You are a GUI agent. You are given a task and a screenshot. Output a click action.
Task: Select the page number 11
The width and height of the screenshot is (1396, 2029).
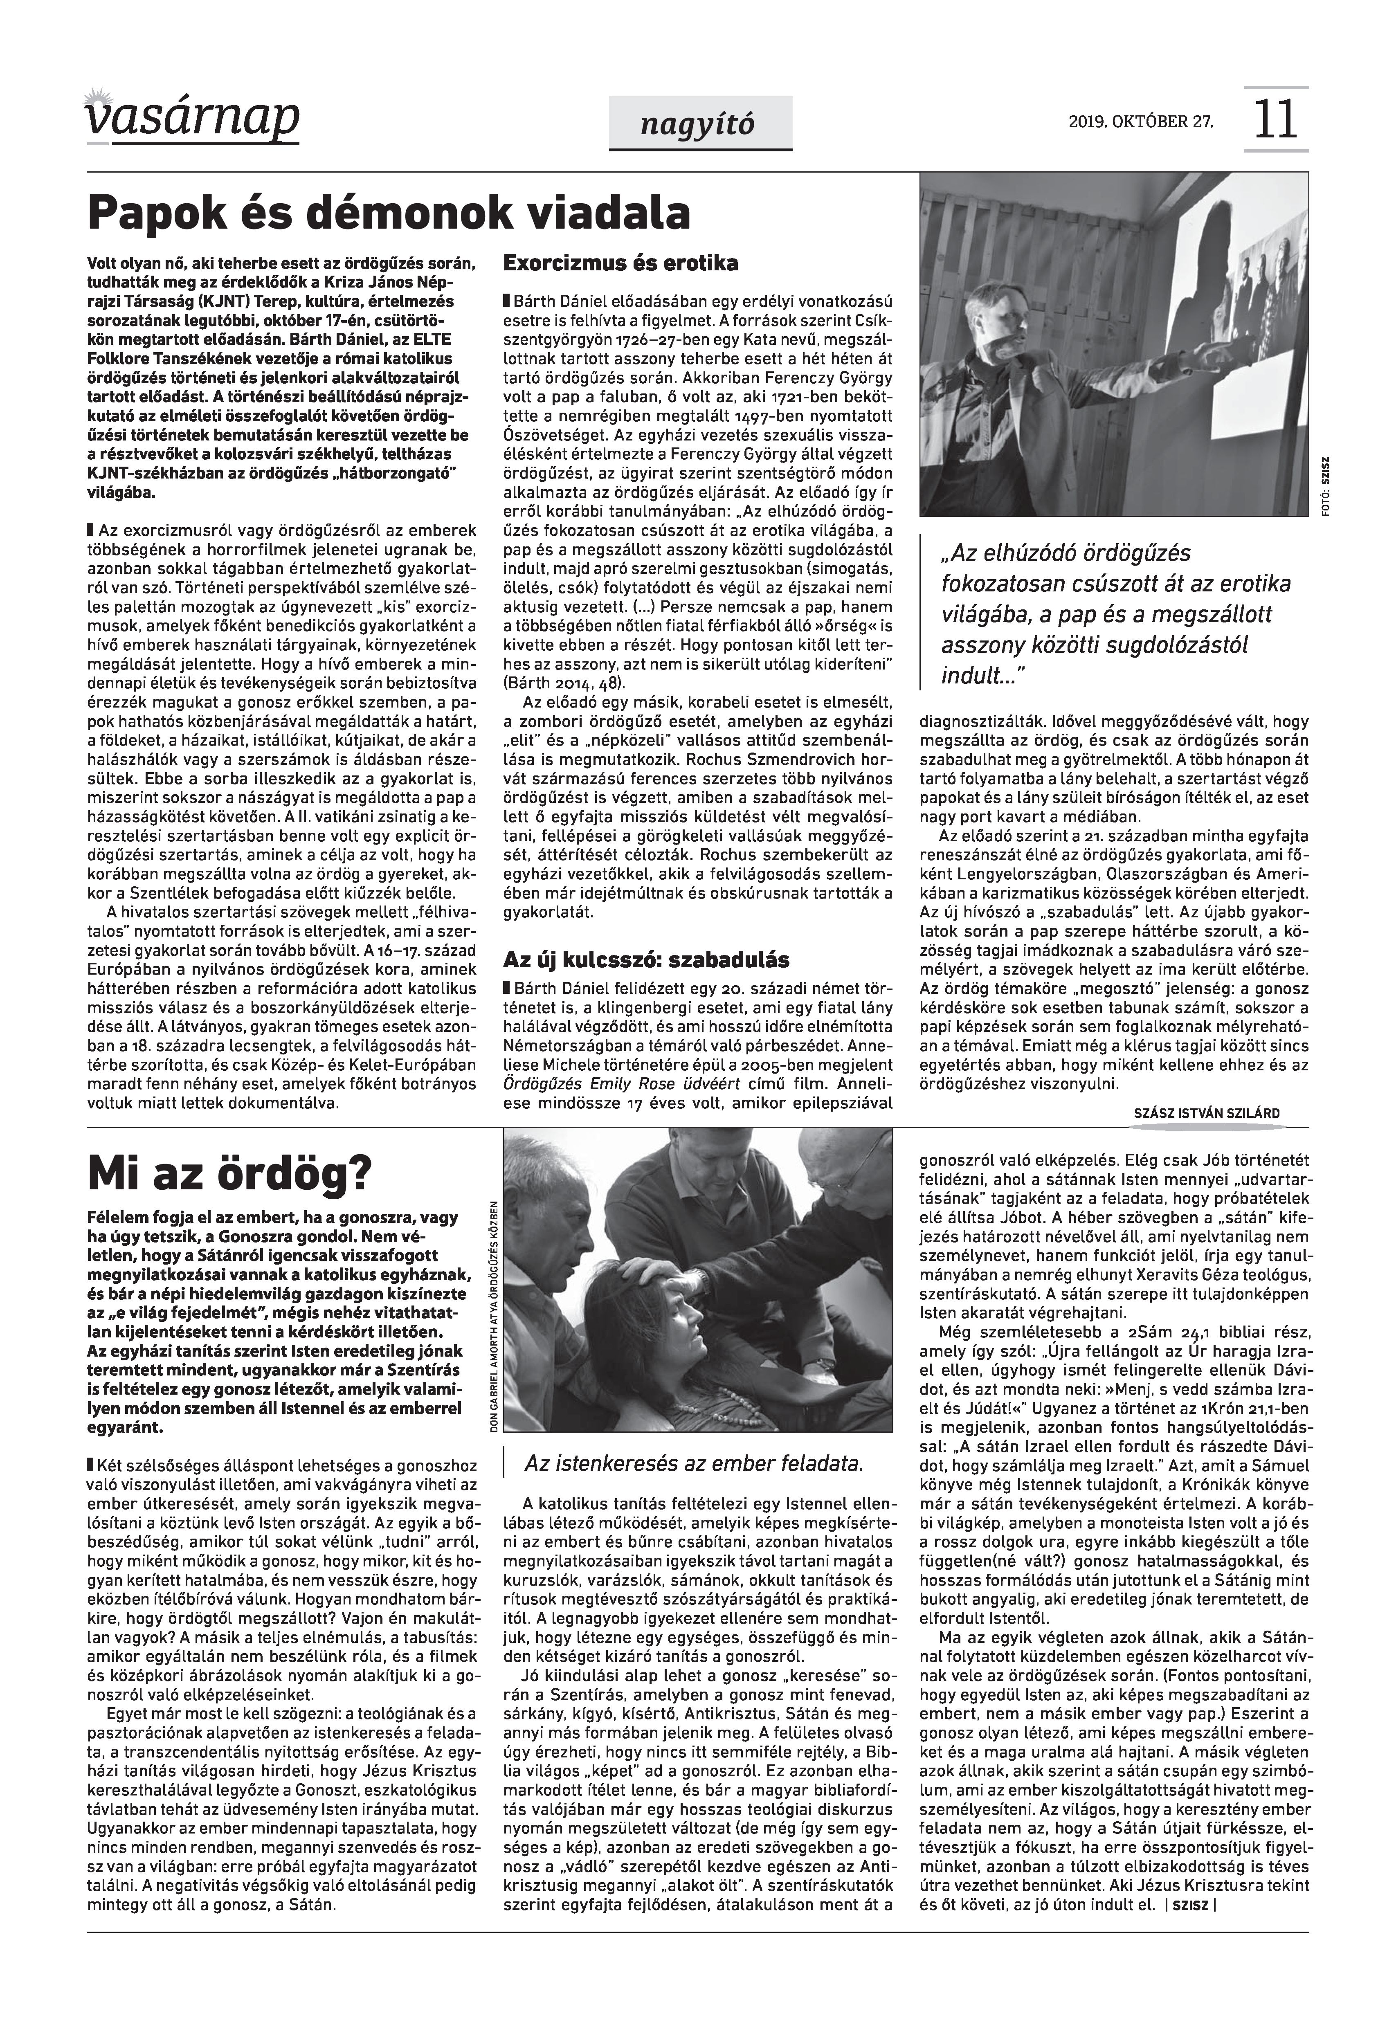1275,120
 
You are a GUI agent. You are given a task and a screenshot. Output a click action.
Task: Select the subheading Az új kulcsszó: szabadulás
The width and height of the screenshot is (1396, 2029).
645,959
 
